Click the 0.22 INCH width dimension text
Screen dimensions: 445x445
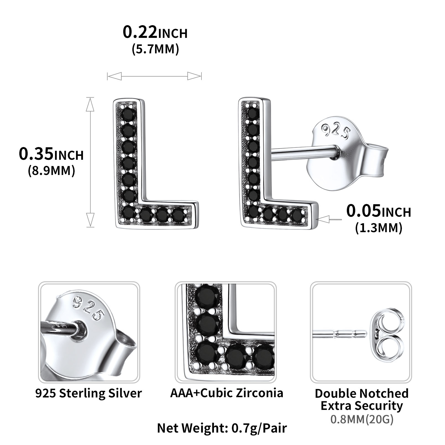(155, 33)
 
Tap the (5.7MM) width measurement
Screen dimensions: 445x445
(155, 49)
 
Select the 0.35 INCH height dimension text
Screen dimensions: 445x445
(51, 154)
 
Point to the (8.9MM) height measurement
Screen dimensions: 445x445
(51, 171)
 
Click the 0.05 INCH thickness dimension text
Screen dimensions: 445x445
(379, 211)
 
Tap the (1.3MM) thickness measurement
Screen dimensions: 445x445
(379, 228)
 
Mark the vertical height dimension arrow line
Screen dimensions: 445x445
(90, 162)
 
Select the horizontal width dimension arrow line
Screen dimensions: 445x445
(154, 76)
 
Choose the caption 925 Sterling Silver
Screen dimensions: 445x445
(88, 393)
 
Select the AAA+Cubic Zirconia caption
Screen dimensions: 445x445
(227, 393)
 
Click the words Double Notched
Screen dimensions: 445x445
(362, 393)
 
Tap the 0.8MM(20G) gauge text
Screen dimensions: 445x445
(362, 420)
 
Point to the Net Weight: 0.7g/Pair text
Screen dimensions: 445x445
(222, 428)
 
